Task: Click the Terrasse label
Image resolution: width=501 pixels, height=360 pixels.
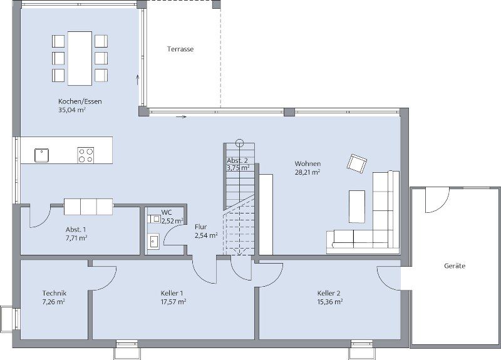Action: (x=180, y=49)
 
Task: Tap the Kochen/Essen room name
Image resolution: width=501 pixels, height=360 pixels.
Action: (x=80, y=101)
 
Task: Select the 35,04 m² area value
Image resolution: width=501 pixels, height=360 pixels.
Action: (x=71, y=110)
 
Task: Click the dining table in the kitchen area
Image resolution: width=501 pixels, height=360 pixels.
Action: (x=80, y=58)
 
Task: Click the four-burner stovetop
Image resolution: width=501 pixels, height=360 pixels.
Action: (x=86, y=155)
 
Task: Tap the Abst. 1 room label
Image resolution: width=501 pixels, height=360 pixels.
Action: (x=76, y=229)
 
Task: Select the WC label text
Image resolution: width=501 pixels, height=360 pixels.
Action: (x=166, y=213)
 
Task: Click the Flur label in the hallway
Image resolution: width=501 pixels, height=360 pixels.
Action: (x=200, y=227)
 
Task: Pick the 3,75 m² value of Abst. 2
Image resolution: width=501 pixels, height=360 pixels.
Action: (x=238, y=168)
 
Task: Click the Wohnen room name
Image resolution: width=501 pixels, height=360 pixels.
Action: (x=307, y=164)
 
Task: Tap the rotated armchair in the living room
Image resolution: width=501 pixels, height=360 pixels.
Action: (x=357, y=163)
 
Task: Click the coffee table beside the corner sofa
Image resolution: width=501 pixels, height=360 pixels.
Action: (x=357, y=206)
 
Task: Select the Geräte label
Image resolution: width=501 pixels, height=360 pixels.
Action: (x=455, y=266)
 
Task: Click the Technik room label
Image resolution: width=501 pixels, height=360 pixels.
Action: (x=54, y=293)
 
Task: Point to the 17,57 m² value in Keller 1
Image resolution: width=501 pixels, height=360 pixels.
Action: (x=172, y=302)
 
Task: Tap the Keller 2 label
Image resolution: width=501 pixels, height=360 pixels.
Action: (x=329, y=293)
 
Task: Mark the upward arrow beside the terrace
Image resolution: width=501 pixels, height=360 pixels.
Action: (x=138, y=80)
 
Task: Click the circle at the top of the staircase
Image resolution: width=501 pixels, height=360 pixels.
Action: (x=239, y=141)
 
